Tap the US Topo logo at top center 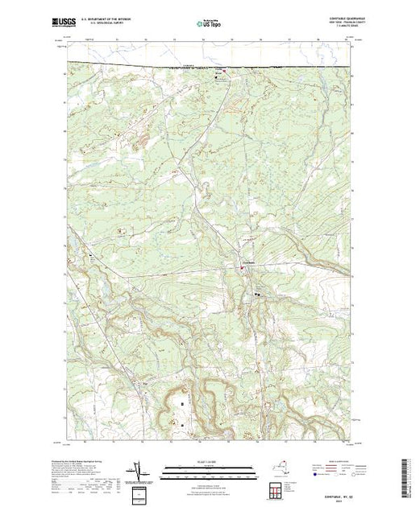210,23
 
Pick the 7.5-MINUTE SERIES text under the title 337,28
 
